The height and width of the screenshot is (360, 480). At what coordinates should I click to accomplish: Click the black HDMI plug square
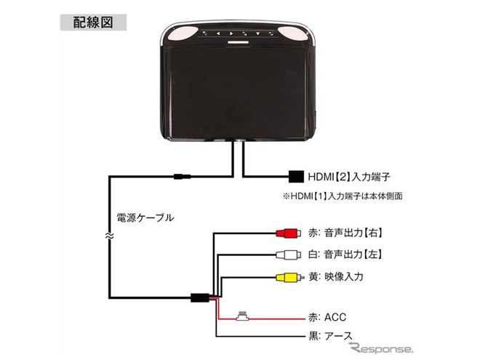coord(295,176)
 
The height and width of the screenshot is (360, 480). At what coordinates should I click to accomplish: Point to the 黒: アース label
coord(332,335)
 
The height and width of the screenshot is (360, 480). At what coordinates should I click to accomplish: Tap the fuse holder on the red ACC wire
coord(243,316)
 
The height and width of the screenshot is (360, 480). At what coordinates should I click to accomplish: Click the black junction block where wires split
coord(198,297)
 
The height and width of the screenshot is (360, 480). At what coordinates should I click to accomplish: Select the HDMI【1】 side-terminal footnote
coord(343,196)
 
